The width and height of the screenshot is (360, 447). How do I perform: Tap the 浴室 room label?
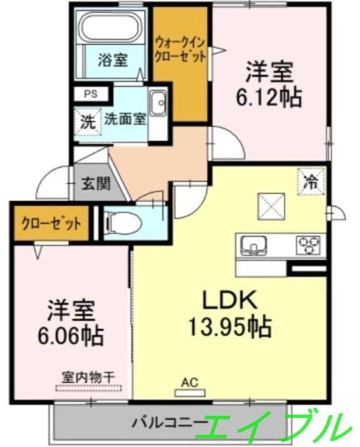[x=113, y=60]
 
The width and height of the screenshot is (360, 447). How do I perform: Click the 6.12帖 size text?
[x=269, y=97]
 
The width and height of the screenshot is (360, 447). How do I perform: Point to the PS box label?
[x=90, y=94]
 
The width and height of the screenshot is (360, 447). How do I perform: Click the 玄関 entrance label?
[x=97, y=183]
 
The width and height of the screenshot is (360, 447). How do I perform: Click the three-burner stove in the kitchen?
[x=309, y=244]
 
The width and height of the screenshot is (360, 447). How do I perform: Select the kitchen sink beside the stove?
[x=254, y=245]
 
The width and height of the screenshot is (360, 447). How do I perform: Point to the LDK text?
[x=229, y=301]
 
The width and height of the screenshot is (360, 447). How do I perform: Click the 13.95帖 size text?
[x=229, y=326]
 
